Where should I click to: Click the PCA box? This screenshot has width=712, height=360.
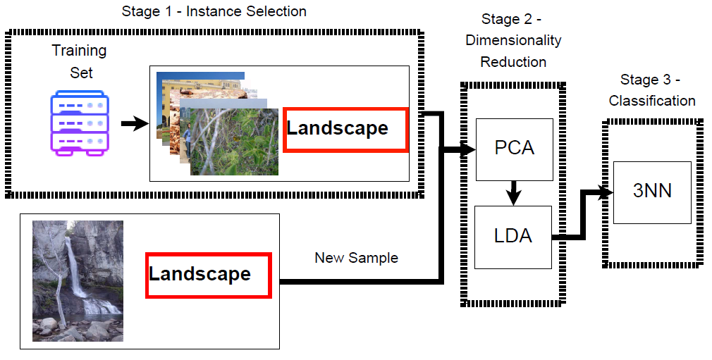click(514, 149)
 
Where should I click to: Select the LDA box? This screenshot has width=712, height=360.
click(512, 237)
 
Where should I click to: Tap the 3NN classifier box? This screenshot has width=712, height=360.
click(651, 192)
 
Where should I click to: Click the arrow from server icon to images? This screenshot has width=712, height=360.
click(135, 125)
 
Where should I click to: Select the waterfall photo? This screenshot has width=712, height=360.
click(78, 280)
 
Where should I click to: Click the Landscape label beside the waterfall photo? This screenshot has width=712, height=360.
click(209, 275)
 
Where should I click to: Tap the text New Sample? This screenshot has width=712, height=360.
click(356, 258)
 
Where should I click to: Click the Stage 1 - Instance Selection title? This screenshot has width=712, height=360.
click(214, 11)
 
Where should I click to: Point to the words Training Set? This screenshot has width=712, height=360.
click(80, 61)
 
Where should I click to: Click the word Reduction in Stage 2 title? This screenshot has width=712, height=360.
click(513, 62)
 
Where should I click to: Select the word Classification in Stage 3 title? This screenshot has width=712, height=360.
click(652, 101)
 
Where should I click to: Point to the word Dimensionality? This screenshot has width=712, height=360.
click(513, 40)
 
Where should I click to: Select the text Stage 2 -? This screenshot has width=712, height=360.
click(511, 19)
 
